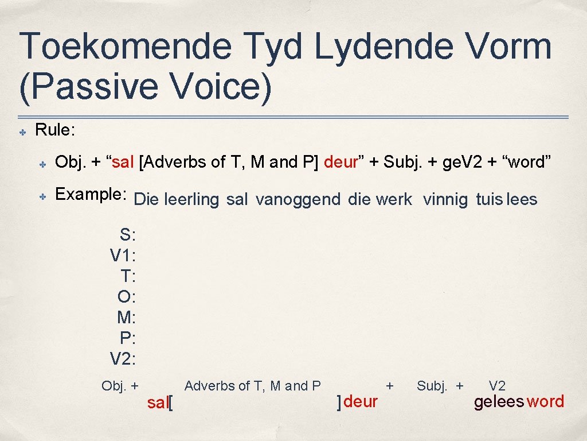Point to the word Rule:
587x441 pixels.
point(55,130)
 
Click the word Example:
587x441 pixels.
point(91,195)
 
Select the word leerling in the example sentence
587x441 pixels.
point(191,200)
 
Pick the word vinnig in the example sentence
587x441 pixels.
point(445,200)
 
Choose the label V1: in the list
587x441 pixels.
point(123,256)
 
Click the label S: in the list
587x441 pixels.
point(127,235)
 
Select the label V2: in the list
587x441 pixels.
point(123,359)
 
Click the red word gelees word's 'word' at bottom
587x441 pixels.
point(545,401)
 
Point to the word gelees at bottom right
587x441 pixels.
point(499,402)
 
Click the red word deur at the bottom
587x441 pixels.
point(361,401)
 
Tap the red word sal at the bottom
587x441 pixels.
point(157,403)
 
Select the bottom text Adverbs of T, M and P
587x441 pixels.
point(252,386)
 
